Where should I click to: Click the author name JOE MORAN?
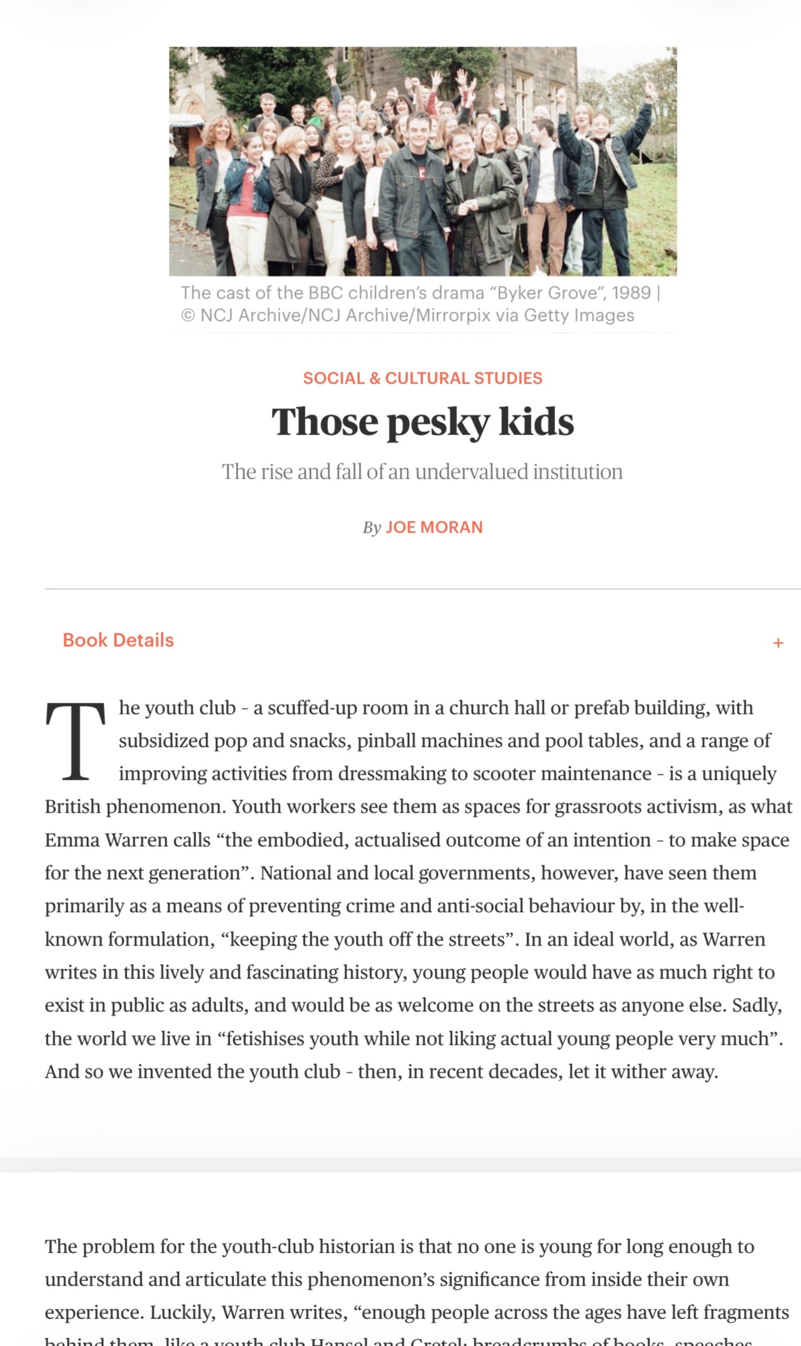pyautogui.click(x=433, y=527)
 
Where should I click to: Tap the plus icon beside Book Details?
pyautogui.click(x=777, y=643)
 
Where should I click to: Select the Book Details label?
pyautogui.click(x=118, y=640)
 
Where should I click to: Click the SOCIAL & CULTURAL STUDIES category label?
pyautogui.click(x=422, y=378)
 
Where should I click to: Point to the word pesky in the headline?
pyautogui.click(x=438, y=423)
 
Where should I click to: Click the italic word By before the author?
pyautogui.click(x=371, y=528)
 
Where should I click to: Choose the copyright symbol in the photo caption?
pyautogui.click(x=188, y=315)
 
